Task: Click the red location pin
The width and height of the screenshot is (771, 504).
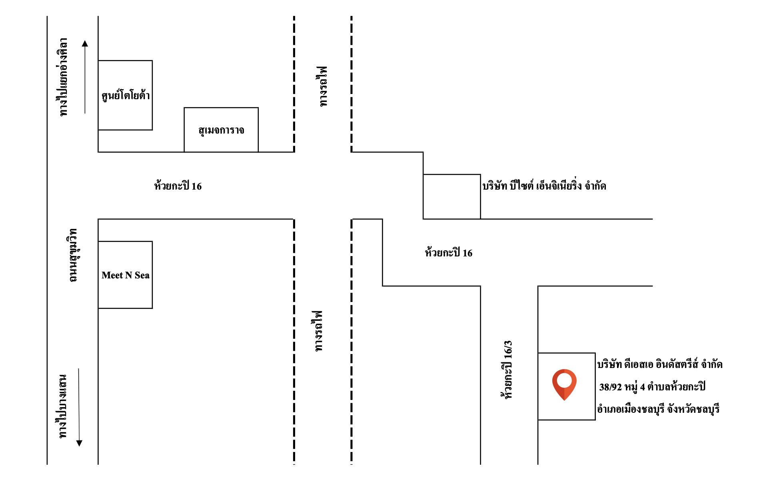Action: (564, 383)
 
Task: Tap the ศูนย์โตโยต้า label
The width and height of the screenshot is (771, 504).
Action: (126, 96)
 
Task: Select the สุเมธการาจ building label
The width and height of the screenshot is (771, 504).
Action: (221, 130)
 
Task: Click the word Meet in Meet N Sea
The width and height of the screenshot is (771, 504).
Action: (112, 275)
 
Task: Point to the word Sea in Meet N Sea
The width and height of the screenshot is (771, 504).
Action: (142, 275)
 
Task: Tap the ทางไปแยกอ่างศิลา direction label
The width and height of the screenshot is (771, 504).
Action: (62, 77)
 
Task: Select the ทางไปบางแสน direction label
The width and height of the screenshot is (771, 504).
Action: (62, 406)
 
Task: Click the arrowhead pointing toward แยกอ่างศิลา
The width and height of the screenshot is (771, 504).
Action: (85, 44)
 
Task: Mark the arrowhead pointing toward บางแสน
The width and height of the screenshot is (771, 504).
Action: (79, 443)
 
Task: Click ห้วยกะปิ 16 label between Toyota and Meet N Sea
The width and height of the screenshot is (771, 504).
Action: (178, 186)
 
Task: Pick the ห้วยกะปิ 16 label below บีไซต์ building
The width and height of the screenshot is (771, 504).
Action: (448, 253)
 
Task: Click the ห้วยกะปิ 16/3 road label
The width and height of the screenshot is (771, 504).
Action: (507, 370)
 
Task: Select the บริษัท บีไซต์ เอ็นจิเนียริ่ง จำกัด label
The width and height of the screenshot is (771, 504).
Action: (544, 186)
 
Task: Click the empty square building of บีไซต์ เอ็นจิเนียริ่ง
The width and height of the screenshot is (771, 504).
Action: (451, 197)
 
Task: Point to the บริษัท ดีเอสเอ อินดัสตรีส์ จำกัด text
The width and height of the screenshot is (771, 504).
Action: (659, 364)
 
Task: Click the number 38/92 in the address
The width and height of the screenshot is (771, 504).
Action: (610, 387)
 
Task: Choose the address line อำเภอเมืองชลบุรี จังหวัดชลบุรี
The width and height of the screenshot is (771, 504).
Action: (658, 409)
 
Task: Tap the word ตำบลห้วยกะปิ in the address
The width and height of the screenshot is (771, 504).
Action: (676, 387)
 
